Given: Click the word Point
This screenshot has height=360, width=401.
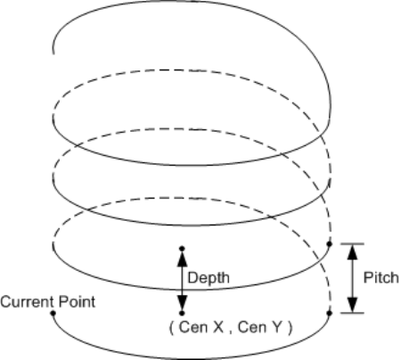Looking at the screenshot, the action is coord(78,302).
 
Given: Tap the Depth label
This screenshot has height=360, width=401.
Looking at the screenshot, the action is coord(209,278).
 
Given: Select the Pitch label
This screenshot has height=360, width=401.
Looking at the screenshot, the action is coord(381,278).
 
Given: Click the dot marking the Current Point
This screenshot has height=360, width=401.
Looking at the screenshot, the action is coord(53,313).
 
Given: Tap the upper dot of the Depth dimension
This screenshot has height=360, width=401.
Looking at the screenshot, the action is coord(182,249).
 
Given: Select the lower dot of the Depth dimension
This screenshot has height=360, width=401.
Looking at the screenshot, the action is coord(182,313).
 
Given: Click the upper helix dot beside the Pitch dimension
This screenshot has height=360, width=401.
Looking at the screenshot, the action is coord(329,244).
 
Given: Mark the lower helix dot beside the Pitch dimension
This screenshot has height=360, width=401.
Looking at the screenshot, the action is coord(329,313).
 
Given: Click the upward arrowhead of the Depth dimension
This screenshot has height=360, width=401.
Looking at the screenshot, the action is coord(182,258).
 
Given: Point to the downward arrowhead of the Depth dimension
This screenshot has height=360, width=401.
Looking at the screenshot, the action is coord(182,303).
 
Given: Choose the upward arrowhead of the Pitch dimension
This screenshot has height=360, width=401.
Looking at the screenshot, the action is coord(352,252).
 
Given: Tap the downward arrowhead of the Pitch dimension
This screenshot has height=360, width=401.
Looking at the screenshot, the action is coord(352,305).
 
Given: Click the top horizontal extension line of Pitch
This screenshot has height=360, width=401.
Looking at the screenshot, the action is coord(352,244).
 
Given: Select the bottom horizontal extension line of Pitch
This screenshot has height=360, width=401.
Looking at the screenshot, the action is coord(352,313).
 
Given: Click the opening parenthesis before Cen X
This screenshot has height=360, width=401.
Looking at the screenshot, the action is coord(171,328).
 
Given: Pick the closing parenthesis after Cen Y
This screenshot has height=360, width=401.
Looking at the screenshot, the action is coord(291,328).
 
